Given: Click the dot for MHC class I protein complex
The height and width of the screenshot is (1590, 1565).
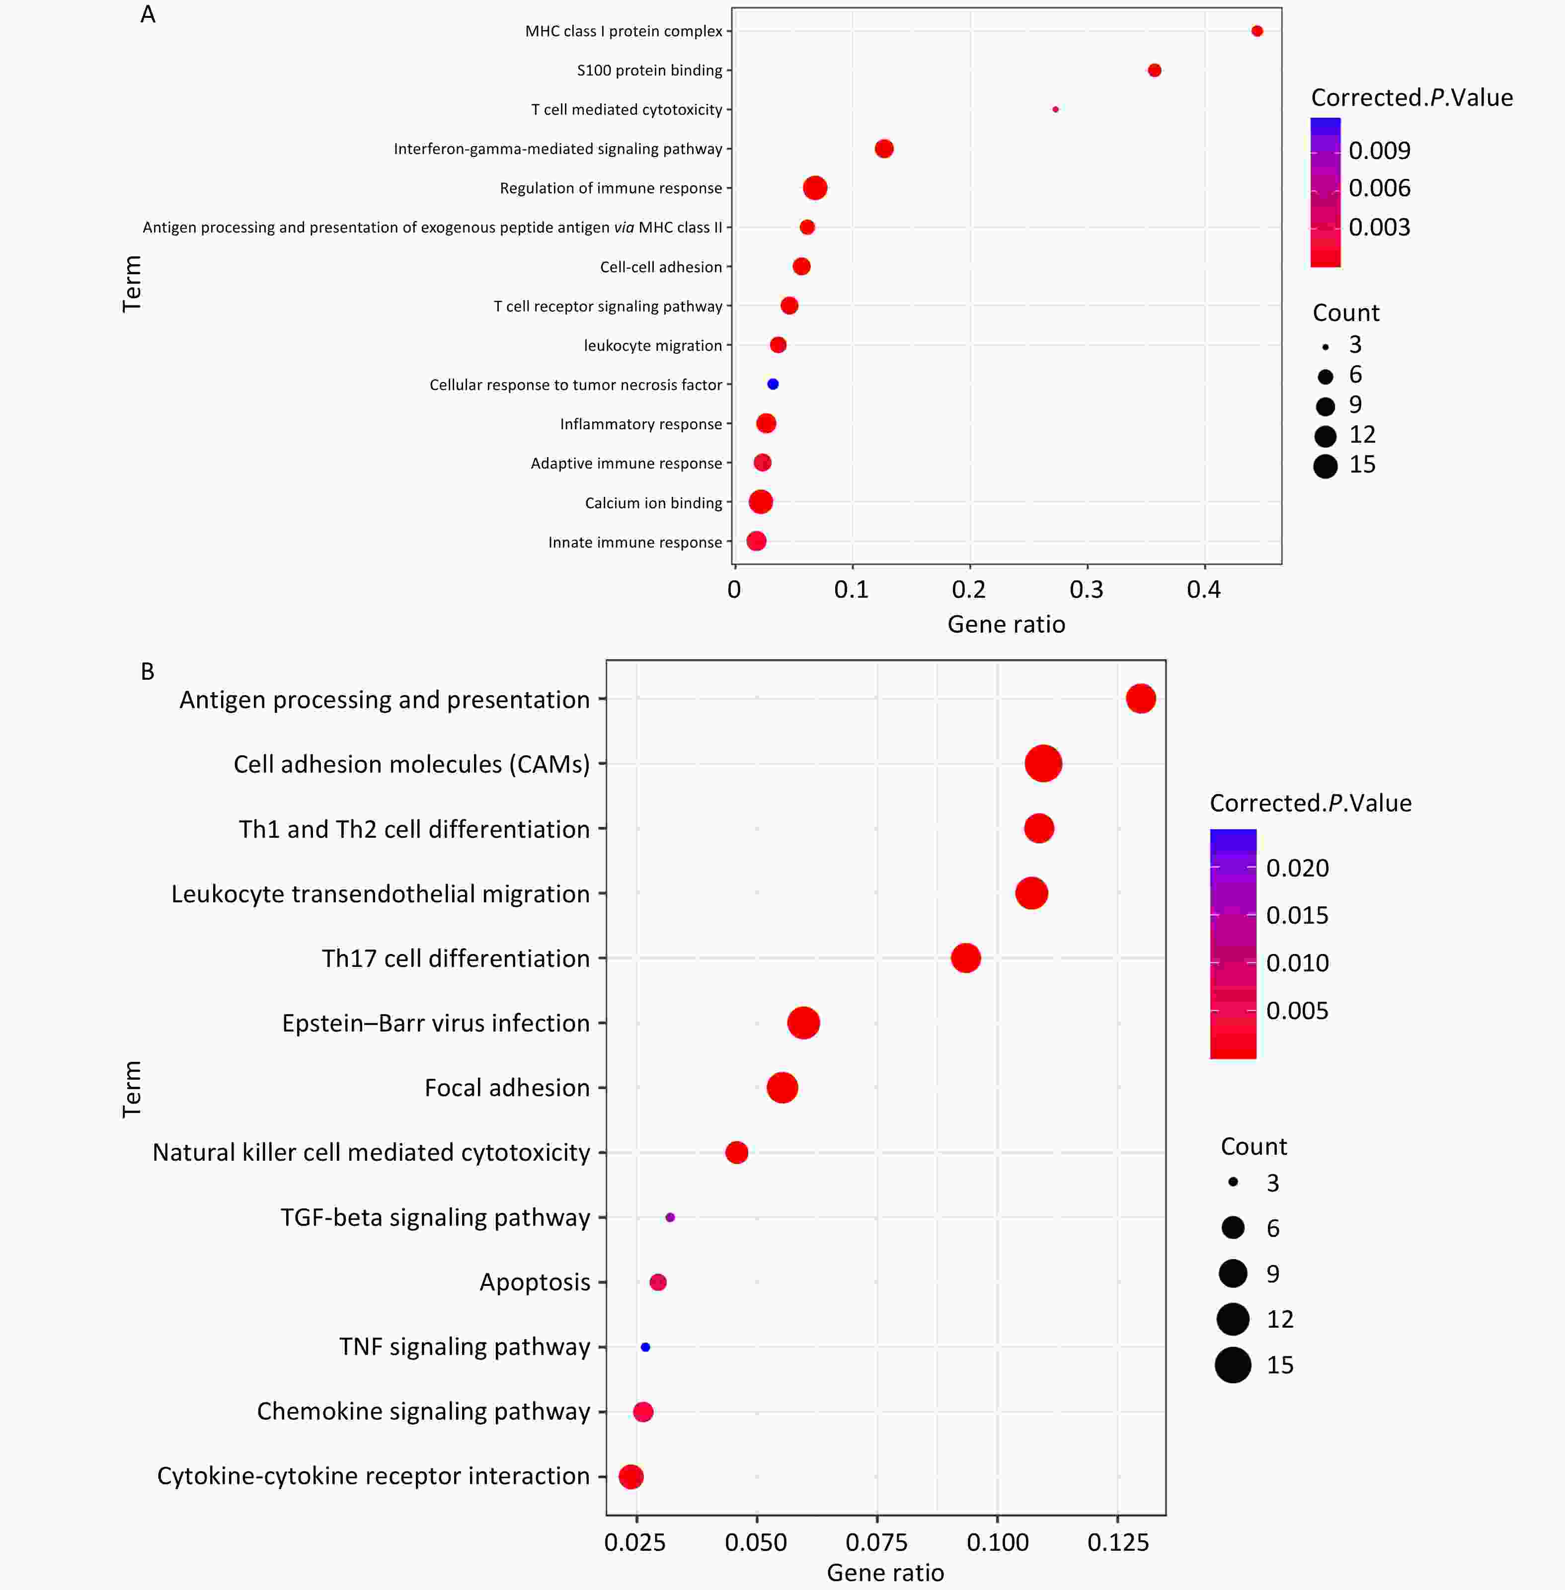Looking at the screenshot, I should click(1257, 31).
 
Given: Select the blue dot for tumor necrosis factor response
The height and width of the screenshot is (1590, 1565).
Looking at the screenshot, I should click(773, 384).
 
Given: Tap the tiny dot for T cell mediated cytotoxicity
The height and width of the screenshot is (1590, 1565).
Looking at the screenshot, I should click(1055, 109).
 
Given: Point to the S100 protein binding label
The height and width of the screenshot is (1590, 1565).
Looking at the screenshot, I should click(649, 71).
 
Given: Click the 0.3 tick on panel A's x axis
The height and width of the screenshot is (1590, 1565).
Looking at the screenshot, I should click(1087, 589).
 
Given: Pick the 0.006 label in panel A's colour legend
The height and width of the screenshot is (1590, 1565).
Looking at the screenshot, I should click(1379, 188).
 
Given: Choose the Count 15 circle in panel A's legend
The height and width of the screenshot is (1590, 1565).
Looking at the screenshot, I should click(1325, 466).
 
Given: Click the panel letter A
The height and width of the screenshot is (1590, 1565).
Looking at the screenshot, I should click(148, 15).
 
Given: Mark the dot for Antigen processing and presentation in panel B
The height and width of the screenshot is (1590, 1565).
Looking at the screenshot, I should click(1141, 699).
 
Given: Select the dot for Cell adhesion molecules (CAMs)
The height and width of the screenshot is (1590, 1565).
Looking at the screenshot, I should click(1043, 764).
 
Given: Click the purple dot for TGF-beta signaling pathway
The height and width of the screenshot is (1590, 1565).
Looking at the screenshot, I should click(670, 1217).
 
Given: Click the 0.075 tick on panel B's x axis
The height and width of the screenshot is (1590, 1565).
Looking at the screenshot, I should click(876, 1542).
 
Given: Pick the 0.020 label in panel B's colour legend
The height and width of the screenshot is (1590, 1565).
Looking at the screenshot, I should click(1297, 868).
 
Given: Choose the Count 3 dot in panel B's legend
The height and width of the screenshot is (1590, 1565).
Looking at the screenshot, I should click(1233, 1182).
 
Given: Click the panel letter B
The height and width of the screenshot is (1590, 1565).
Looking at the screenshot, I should click(148, 672).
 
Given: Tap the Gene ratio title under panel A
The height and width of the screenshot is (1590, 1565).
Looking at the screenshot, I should click(1006, 625).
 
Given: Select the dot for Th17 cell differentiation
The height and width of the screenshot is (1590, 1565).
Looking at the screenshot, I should click(966, 958).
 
